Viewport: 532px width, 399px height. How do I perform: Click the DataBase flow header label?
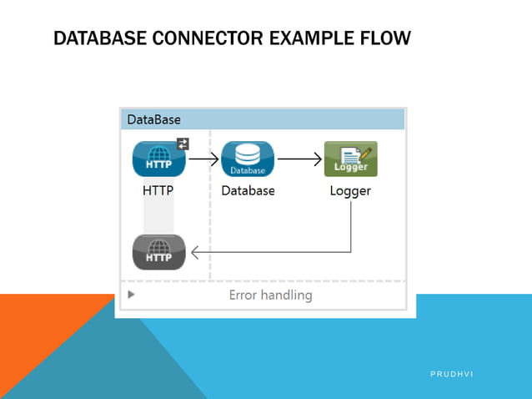(x=153, y=120)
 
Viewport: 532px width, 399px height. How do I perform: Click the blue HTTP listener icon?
(x=158, y=159)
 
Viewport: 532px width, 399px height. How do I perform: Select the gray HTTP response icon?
(x=158, y=251)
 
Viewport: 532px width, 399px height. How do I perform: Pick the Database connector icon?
(x=248, y=159)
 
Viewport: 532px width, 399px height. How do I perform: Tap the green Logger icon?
(x=350, y=159)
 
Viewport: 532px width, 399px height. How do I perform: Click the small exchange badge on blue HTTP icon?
(x=183, y=144)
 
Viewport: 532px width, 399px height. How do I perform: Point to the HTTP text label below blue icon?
(x=158, y=190)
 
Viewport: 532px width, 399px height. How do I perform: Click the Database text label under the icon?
(x=248, y=190)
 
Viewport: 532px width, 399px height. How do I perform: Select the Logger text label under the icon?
(x=350, y=190)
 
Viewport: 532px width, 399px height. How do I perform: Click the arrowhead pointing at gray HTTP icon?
(x=195, y=251)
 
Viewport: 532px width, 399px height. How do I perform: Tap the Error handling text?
(x=270, y=295)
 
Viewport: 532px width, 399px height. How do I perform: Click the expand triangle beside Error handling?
(x=130, y=295)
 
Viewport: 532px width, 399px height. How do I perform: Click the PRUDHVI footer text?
(x=451, y=374)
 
